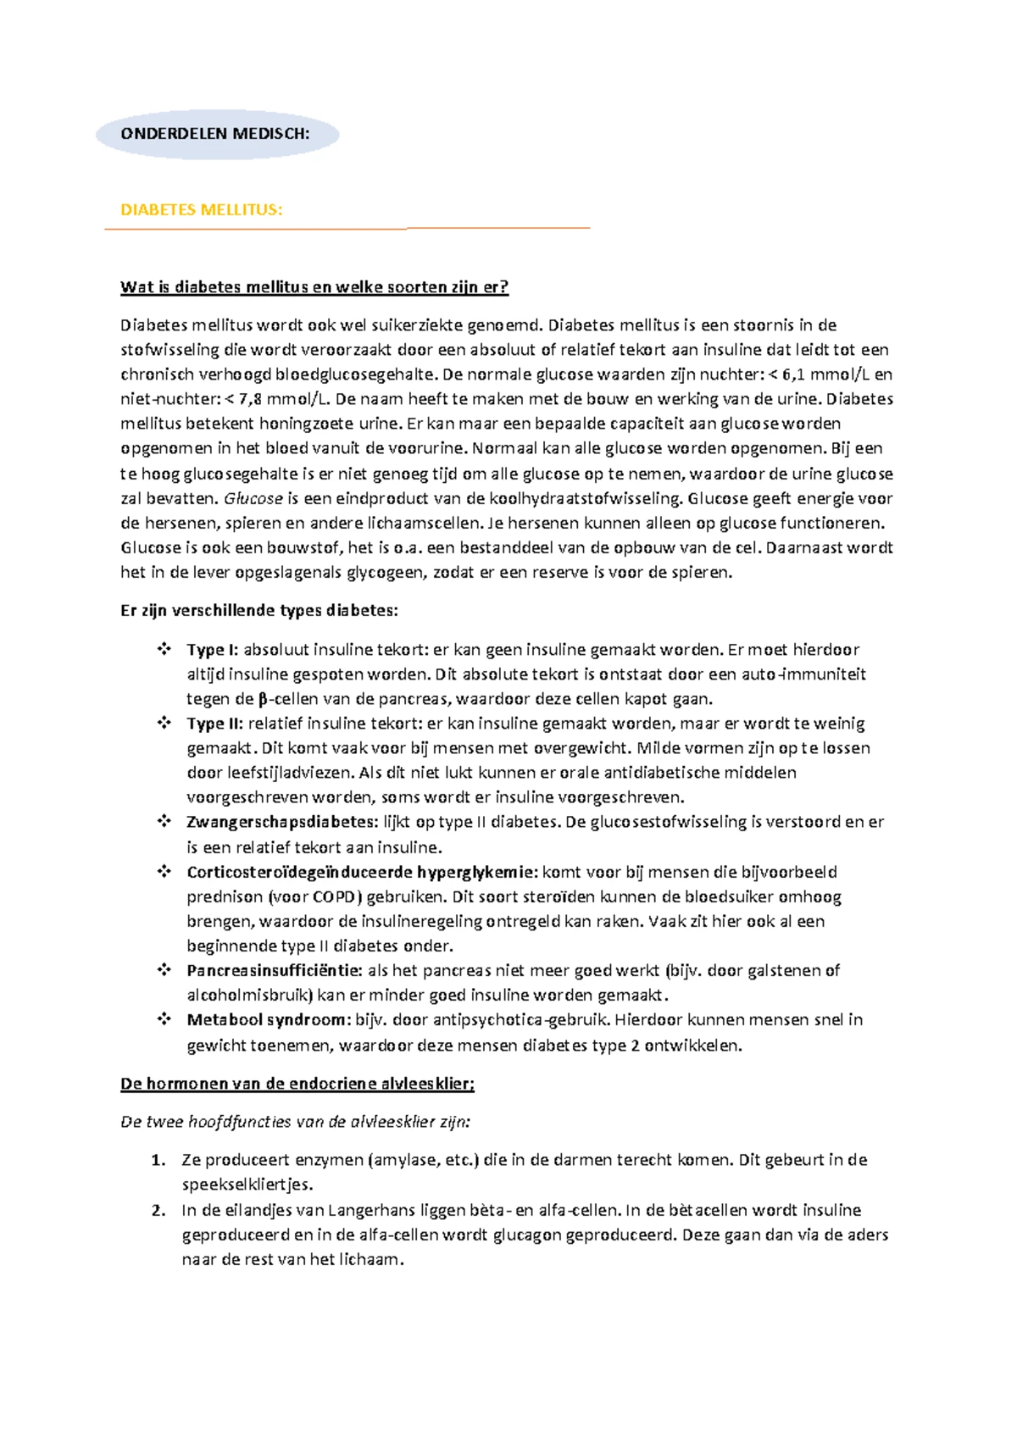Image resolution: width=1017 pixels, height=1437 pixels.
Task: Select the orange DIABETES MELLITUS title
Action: (x=202, y=209)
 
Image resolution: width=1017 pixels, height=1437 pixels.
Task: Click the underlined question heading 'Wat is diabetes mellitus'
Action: (x=314, y=286)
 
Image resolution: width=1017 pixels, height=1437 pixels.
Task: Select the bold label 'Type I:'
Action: (x=213, y=650)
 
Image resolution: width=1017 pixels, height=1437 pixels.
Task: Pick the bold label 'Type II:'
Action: (x=215, y=724)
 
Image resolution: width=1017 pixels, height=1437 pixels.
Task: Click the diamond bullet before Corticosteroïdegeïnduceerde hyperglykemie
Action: (x=163, y=872)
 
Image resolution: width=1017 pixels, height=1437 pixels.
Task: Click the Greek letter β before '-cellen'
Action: (x=262, y=699)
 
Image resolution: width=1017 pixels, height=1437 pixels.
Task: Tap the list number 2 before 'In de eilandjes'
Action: (x=157, y=1210)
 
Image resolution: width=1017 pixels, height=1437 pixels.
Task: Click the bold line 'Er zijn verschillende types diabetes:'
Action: (x=258, y=610)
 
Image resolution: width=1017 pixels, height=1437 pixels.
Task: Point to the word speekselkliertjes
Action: (x=247, y=1185)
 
